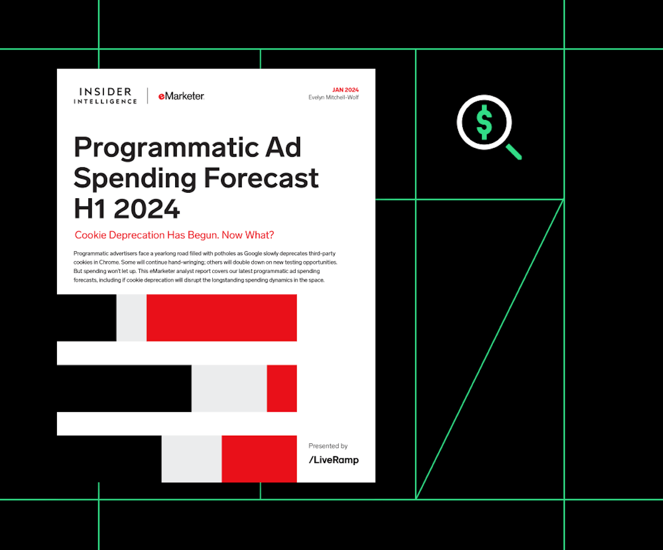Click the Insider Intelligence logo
[106, 96]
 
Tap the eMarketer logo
[181, 96]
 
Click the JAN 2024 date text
[345, 90]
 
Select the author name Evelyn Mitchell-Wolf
[333, 97]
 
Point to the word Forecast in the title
[261, 178]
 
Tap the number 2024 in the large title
[147, 209]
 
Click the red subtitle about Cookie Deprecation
[175, 235]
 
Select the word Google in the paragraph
[252, 253]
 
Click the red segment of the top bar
[222, 318]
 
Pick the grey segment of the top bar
[131, 318]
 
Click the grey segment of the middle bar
[229, 388]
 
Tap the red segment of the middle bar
[282, 388]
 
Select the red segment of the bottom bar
[259, 459]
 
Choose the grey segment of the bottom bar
[192, 459]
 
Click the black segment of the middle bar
[124, 388]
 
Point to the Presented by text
[328, 446]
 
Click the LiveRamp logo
[334, 460]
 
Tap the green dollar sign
[484, 122]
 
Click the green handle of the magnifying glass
[514, 152]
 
